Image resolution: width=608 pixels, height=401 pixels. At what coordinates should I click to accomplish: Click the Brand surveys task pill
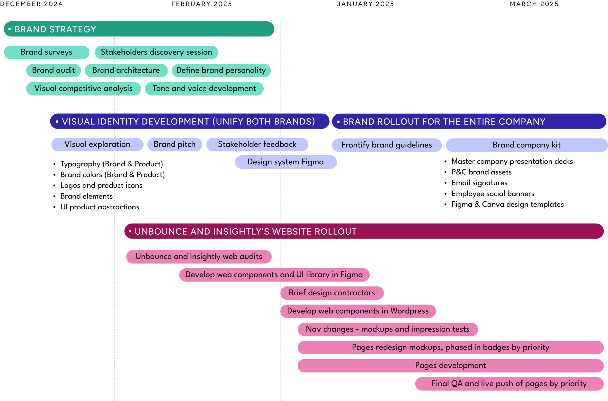(x=47, y=52)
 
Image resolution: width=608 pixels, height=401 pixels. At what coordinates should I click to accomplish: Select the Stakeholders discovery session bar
(x=156, y=52)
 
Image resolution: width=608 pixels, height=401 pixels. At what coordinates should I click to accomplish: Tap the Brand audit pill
(x=54, y=70)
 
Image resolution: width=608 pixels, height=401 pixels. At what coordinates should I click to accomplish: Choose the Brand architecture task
(x=126, y=70)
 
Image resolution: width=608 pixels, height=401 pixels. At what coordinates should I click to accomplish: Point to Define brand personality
(x=221, y=70)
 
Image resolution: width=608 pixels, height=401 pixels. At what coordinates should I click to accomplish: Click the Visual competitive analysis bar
(x=83, y=88)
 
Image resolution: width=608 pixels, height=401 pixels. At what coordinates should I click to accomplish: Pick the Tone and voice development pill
(x=204, y=88)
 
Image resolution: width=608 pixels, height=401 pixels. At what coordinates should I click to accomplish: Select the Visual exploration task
(x=97, y=145)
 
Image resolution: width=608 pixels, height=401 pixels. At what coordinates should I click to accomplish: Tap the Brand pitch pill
(x=175, y=145)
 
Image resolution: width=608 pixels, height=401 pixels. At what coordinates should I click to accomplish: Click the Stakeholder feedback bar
(x=257, y=145)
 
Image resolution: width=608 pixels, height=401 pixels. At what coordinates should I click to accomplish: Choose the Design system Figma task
(x=286, y=162)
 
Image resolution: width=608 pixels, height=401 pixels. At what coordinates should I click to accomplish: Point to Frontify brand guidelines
(x=386, y=145)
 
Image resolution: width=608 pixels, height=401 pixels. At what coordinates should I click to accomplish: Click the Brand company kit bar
(x=527, y=145)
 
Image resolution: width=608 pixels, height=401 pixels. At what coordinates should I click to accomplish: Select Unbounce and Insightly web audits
(x=199, y=256)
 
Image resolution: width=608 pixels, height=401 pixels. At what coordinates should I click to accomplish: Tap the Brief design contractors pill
(x=332, y=293)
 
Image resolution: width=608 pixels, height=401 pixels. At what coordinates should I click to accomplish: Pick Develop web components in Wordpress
(x=358, y=311)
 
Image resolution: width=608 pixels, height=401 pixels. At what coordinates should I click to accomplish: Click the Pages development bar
(x=451, y=366)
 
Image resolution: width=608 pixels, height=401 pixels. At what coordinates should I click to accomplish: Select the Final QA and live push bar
(x=509, y=384)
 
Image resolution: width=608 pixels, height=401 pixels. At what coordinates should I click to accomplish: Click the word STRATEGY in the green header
(x=72, y=29)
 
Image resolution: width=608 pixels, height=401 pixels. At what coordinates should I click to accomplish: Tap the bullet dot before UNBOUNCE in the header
(x=130, y=231)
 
